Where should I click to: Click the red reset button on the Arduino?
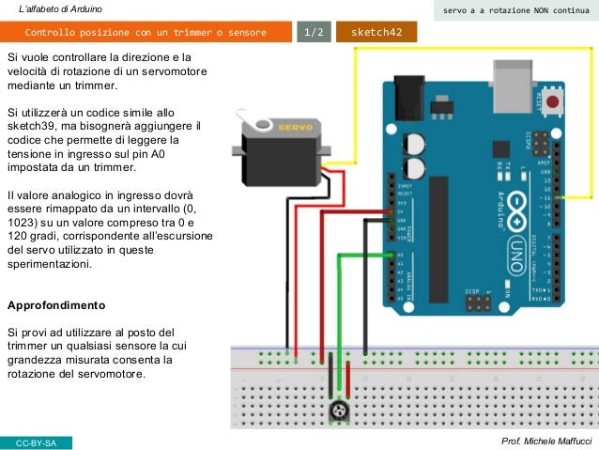(x=554, y=100)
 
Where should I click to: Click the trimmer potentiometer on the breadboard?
(x=337, y=410)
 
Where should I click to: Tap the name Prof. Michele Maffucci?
(x=547, y=442)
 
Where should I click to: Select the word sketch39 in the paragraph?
(x=34, y=125)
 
